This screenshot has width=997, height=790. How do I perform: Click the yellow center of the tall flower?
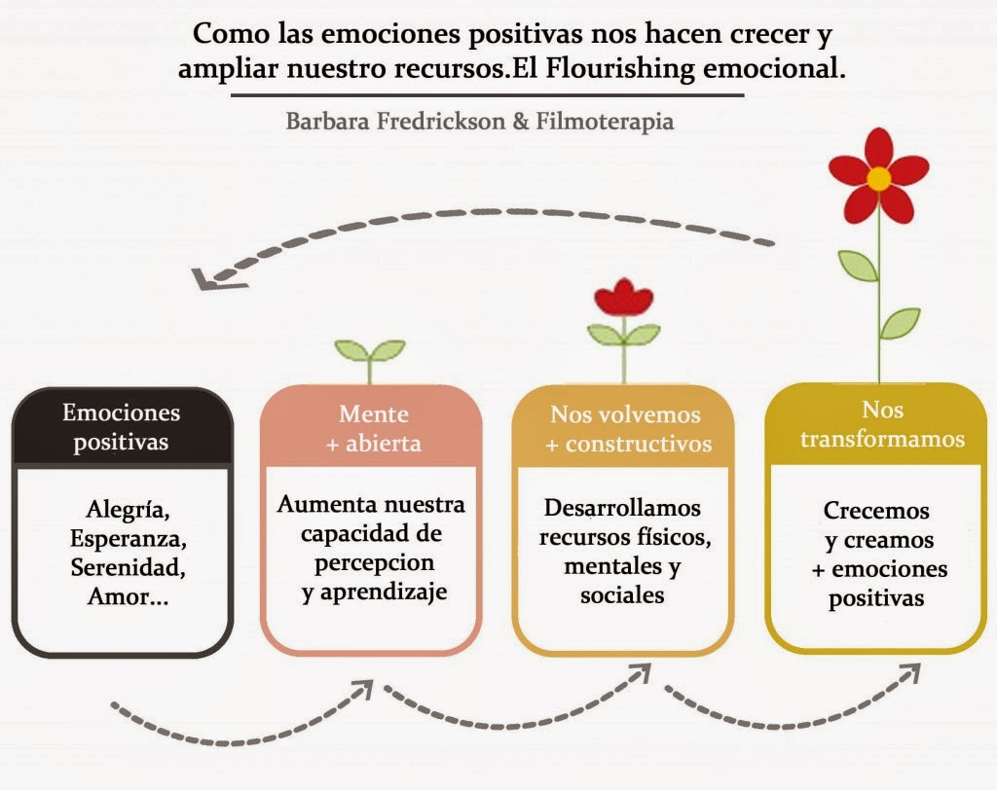(x=879, y=178)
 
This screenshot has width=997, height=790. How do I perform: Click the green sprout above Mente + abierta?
(x=370, y=351)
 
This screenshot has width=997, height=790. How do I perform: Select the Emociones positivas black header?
(x=122, y=426)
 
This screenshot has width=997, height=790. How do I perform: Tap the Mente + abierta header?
(x=371, y=427)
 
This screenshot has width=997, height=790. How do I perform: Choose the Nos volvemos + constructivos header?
(x=624, y=428)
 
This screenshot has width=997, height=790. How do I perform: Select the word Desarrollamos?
(x=622, y=508)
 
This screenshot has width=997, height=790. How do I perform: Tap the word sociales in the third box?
(x=622, y=595)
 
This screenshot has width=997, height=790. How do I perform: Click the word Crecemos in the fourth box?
(x=876, y=511)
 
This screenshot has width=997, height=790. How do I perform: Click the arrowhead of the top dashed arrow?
(x=207, y=278)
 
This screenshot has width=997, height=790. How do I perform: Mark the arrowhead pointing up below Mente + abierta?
(x=363, y=691)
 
